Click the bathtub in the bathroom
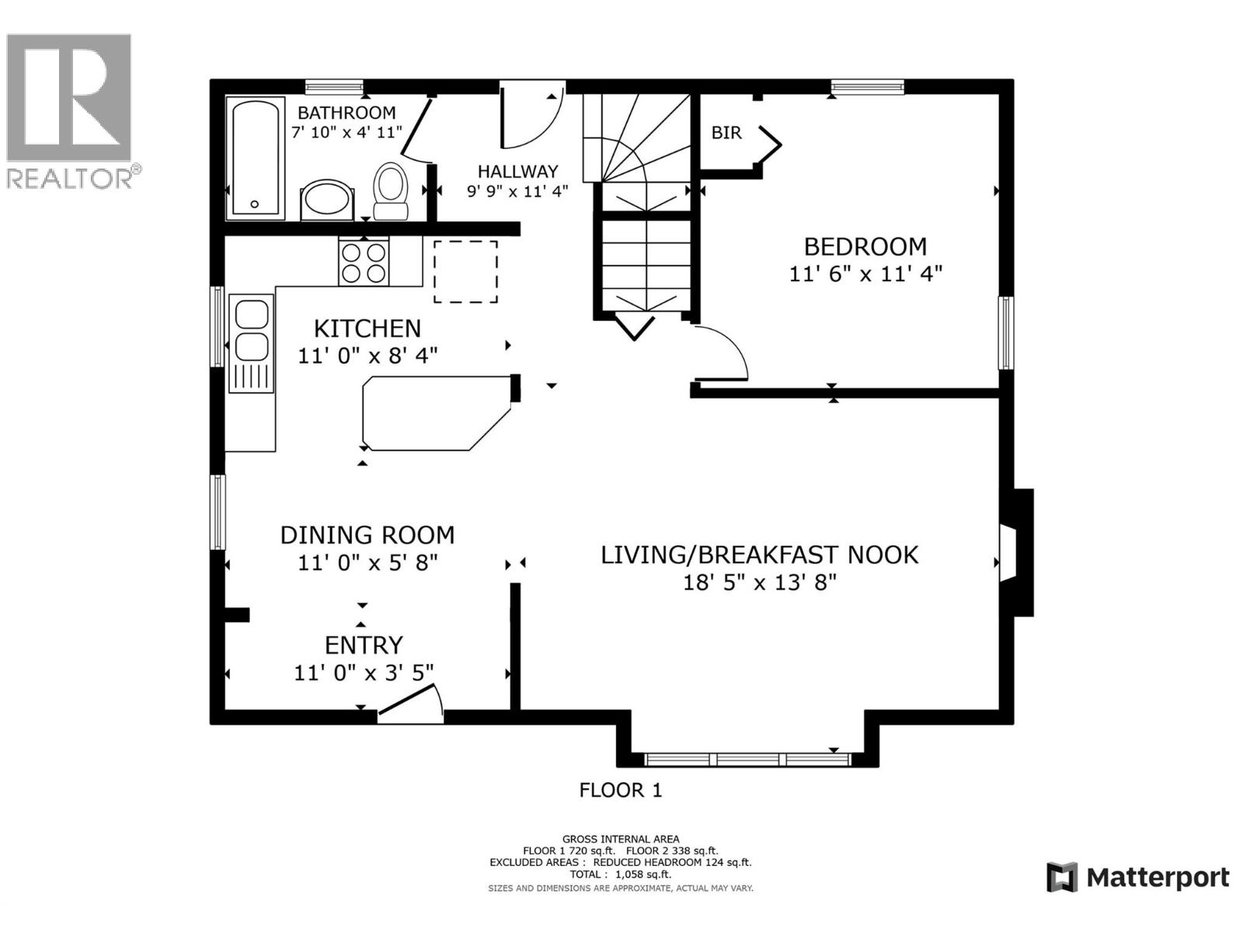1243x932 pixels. pos(255,158)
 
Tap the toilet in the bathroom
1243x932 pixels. pos(391,191)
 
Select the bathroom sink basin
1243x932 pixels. pos(327,199)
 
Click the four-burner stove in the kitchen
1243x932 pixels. pos(364,263)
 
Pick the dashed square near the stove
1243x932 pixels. pos(465,271)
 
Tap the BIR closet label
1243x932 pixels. pos(726,133)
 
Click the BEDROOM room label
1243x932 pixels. pos(865,247)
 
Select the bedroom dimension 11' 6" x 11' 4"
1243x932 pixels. pos(865,274)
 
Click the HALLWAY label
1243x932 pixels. pos(517,172)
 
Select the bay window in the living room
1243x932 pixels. pos(747,759)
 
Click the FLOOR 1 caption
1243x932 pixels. pos(621,791)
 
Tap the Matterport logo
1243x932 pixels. pos(1137,878)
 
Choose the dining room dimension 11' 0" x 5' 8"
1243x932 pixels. pos(367,562)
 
